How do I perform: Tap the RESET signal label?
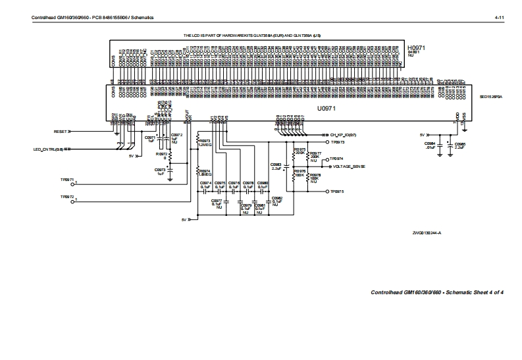tap(61, 132)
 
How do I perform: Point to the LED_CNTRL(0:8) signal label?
tap(49, 149)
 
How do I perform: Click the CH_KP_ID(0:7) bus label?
tap(342, 135)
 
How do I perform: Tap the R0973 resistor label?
tap(205, 141)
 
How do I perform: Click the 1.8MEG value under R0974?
tap(205, 174)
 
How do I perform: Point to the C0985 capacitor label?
tap(460, 143)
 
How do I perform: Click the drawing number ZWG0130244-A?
tap(427, 233)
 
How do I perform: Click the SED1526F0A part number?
tap(491, 96)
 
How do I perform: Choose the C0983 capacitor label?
tap(276, 165)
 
